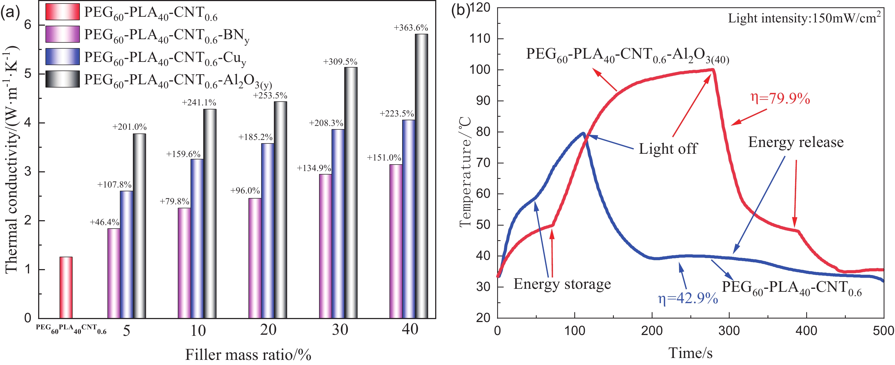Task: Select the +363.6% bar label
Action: click(411, 28)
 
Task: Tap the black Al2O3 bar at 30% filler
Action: click(351, 193)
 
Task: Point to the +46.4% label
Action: click(104, 222)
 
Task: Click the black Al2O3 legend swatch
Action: click(63, 79)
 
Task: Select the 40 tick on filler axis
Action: click(410, 329)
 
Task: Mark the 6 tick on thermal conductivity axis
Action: click(28, 25)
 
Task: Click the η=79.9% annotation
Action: click(780, 99)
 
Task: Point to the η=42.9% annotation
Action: click(688, 298)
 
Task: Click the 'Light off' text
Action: click(668, 149)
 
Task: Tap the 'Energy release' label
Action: click(796, 142)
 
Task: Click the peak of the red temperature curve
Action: click(712, 69)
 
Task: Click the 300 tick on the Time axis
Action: click(729, 331)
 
